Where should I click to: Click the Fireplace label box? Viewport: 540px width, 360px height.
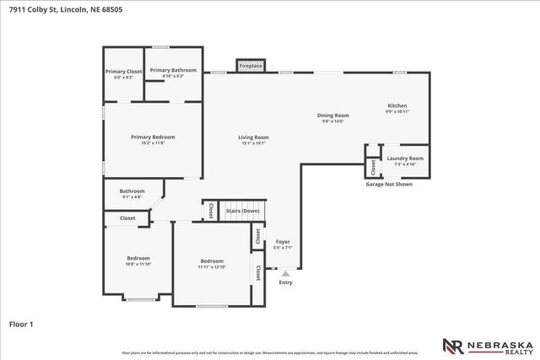click(251, 65)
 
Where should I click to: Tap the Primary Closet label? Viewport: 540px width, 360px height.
click(123, 72)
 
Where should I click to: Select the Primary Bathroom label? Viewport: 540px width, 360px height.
click(173, 70)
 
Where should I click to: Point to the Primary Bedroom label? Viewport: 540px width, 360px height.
click(153, 137)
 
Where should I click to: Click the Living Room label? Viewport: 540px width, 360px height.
click(253, 137)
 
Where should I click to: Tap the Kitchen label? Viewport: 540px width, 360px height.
click(397, 105)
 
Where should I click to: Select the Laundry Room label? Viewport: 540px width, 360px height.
click(404, 159)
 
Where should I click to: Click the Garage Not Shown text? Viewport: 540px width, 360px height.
click(388, 184)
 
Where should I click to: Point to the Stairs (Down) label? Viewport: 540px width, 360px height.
click(242, 210)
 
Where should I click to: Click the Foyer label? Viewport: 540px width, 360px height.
click(283, 242)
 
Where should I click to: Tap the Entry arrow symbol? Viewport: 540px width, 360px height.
click(286, 273)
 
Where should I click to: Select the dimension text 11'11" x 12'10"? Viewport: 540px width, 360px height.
click(211, 267)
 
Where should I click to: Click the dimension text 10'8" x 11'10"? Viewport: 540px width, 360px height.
click(138, 264)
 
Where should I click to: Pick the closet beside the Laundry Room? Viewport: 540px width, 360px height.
click(372, 166)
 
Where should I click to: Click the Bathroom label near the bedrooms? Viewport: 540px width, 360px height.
click(132, 191)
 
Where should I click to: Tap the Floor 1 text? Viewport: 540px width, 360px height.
click(21, 323)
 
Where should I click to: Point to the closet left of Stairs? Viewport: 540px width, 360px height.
click(210, 210)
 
